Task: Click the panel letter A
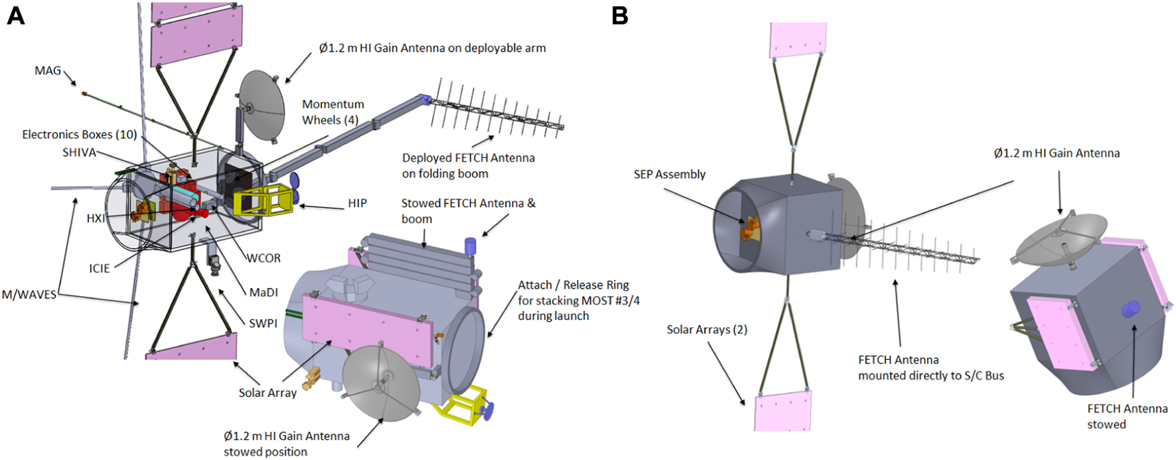pyautogui.click(x=15, y=15)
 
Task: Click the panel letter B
pyautogui.click(x=619, y=15)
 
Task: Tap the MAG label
pyautogui.click(x=48, y=70)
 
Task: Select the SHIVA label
pyautogui.click(x=79, y=153)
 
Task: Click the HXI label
pyautogui.click(x=96, y=218)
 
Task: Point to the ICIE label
pyautogui.click(x=100, y=268)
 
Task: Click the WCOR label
pyautogui.click(x=263, y=258)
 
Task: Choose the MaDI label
pyautogui.click(x=263, y=292)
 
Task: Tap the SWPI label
pyautogui.click(x=263, y=323)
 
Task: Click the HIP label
pyautogui.click(x=357, y=203)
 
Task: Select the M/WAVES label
pyautogui.click(x=29, y=295)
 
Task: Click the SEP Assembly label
pyautogui.click(x=669, y=175)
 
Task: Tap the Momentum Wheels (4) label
pyautogui.click(x=333, y=112)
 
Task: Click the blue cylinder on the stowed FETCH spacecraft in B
pyautogui.click(x=1130, y=309)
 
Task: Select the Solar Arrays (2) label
pyautogui.click(x=707, y=329)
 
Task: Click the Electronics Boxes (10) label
pyautogui.click(x=79, y=135)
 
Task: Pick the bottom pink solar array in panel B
pyautogui.click(x=782, y=412)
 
